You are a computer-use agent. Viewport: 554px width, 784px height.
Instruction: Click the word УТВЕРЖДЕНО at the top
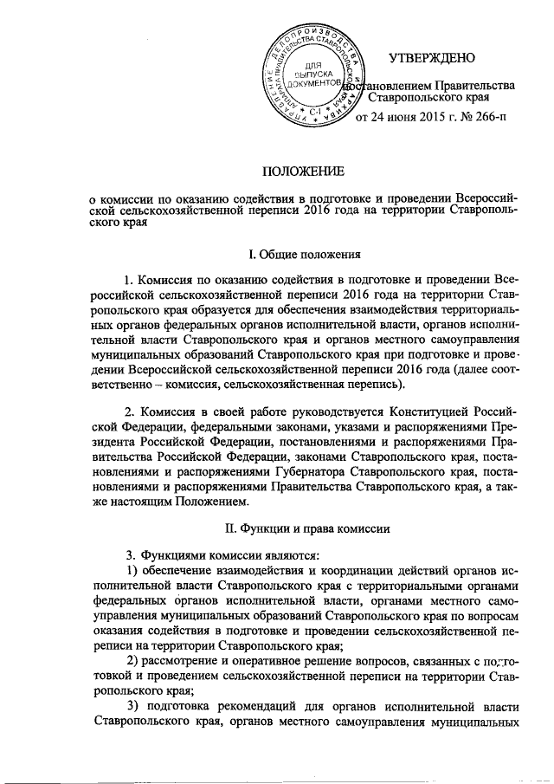[x=432, y=58]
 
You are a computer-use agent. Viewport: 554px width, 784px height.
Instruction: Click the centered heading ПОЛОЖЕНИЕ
[x=304, y=171]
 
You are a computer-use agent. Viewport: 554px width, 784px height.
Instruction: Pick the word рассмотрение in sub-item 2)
[x=185, y=663]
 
